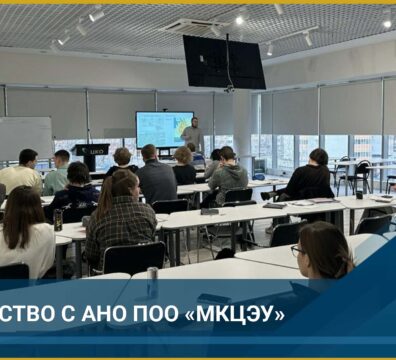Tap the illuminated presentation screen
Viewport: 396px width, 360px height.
pos(163,129)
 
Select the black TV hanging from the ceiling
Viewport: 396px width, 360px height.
pos(223,62)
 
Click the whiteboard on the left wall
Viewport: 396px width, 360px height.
pos(25,137)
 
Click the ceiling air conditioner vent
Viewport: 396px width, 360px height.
pos(193,26)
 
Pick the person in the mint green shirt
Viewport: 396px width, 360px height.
pos(58,174)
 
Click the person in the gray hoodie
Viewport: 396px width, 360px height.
pos(229,176)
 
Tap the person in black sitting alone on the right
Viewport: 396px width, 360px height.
pos(311,177)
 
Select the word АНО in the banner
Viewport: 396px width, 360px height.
pos(107,313)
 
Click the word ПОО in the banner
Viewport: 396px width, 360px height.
pos(163,313)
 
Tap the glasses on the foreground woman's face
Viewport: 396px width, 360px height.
pos(298,251)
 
